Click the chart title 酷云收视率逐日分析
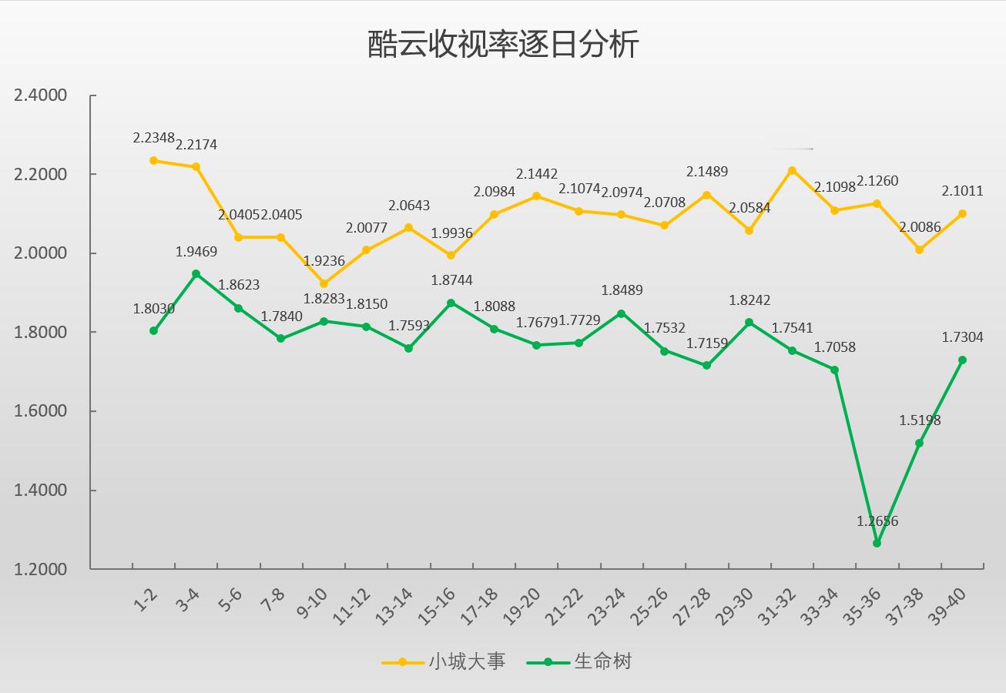503,45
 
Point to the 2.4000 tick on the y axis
41,95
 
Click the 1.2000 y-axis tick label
41,569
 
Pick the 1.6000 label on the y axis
41,411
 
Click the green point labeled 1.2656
877,543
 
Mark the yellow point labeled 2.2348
154,161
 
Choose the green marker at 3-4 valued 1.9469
196,273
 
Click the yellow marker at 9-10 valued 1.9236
324,284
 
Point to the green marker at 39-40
962,360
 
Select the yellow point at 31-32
792,170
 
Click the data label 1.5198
920,420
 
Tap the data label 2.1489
707,172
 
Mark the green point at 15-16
451,303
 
